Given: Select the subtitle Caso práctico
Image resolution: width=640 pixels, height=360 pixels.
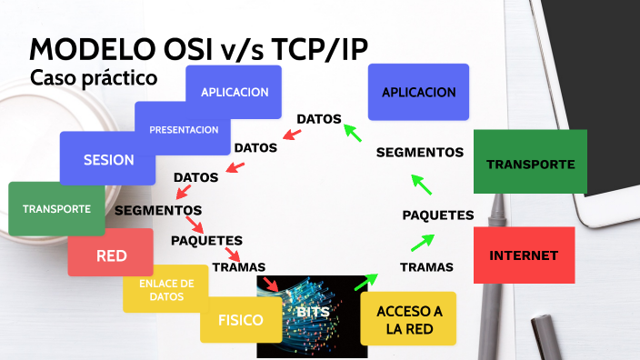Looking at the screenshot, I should coord(94,78).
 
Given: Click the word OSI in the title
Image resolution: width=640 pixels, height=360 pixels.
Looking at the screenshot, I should coord(186,49).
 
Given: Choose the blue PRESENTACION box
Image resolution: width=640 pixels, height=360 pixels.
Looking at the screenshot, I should coord(184,129).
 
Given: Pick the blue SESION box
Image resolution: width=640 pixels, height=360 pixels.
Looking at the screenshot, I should coord(109,159).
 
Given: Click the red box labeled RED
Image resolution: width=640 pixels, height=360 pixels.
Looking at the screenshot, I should coord(111,256).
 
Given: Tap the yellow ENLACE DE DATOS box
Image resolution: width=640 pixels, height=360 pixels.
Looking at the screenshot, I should coord(166,289).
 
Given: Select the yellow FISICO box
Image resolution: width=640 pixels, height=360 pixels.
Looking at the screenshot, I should coord(240,319).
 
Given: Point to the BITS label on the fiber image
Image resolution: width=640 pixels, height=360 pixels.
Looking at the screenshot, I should coord(313,312).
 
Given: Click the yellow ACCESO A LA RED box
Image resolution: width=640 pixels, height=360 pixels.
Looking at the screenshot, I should coord(408,319).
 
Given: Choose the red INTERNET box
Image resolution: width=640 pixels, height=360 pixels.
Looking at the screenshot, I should coord(524,255).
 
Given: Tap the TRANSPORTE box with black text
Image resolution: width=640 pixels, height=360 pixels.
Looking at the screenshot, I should coord(530,164).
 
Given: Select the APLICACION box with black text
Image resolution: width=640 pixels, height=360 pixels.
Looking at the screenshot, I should coord(418,92).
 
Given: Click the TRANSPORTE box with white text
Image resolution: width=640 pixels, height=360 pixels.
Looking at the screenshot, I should coord(56,208).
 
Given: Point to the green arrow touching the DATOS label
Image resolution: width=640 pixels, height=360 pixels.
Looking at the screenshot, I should coord(352,133).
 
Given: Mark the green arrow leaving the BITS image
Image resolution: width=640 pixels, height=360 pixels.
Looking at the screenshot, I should coord(365,281).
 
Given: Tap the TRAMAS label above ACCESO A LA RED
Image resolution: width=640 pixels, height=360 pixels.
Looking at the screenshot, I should coord(426,267).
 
